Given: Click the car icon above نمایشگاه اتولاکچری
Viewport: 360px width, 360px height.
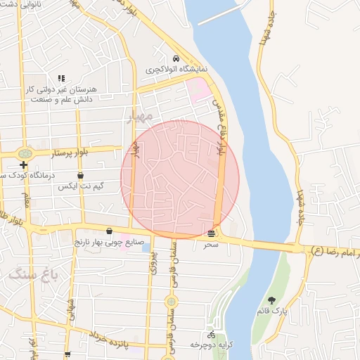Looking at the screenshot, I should coord(175,59).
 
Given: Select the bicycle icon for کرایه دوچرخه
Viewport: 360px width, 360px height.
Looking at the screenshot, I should coord(212,335).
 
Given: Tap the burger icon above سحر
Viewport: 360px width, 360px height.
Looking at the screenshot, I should coord(212,233).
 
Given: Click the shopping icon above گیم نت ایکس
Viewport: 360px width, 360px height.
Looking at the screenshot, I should coord(80,176).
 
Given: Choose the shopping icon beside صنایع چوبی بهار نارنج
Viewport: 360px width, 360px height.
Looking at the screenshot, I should coord(109,231).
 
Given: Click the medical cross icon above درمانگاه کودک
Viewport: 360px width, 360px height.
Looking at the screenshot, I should coord(23,165).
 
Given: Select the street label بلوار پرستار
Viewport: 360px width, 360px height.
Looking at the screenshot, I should coord(53,153).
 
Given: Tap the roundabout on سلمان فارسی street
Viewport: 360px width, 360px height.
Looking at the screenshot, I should coord(171,302).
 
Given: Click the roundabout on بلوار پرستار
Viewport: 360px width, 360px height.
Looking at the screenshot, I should coord(26,153).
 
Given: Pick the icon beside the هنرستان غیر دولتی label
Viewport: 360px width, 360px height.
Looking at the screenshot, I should coord(61,78).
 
